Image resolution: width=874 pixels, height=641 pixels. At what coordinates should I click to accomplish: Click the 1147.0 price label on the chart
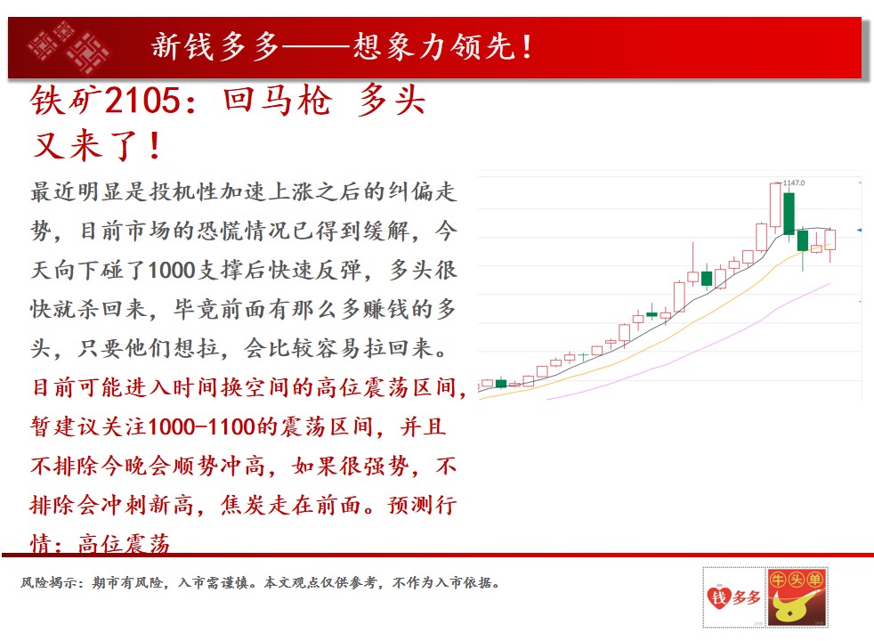click(794, 183)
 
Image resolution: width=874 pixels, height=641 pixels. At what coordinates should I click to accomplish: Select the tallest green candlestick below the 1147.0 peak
click(789, 214)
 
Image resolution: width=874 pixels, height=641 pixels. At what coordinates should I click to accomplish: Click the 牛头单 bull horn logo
click(797, 597)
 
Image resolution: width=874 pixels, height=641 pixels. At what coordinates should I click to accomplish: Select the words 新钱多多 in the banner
click(215, 46)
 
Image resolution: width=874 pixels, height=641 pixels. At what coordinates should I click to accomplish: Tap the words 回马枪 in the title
click(278, 101)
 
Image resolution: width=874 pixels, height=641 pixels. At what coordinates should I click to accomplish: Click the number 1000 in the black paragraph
click(171, 271)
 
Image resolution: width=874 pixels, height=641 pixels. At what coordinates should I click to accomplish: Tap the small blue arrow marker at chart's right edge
click(859, 231)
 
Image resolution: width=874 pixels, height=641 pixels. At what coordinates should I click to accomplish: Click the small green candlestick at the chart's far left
click(501, 383)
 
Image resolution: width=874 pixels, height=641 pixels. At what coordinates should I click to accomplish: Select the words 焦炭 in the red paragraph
click(244, 506)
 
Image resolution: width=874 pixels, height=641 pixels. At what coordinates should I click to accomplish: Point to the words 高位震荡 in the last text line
click(124, 543)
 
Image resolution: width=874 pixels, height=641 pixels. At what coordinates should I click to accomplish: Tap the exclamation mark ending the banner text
click(527, 46)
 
